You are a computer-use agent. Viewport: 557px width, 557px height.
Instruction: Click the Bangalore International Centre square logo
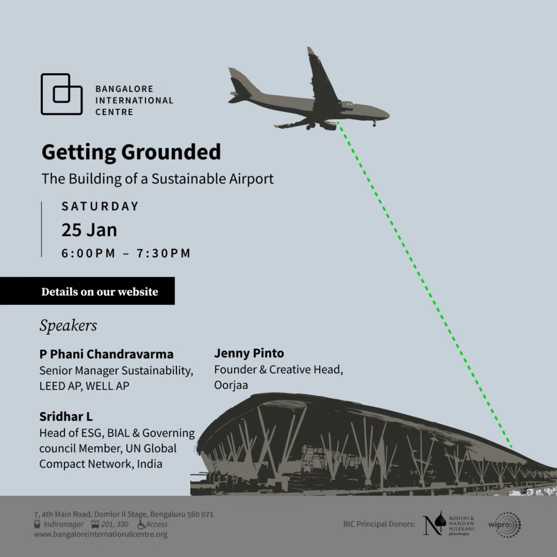coord(61,94)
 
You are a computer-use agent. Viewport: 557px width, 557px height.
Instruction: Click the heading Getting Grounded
coord(131,152)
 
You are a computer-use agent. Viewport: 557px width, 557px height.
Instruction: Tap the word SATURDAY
coord(100,206)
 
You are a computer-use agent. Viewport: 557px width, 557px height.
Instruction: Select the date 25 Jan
coord(89,230)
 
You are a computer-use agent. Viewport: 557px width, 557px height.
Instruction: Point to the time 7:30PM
coord(164,253)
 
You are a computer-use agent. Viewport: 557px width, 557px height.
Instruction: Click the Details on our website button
coord(87,291)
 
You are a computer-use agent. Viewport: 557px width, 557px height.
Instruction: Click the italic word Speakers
coord(68,325)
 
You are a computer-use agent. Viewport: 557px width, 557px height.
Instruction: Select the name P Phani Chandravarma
coord(106,354)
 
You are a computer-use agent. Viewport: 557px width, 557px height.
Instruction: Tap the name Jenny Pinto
coord(249,353)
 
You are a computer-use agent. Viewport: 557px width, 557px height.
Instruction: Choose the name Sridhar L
coord(65,416)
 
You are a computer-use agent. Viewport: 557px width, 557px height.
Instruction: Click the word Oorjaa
coord(231,385)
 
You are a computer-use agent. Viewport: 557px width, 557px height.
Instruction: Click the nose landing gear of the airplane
coord(374,123)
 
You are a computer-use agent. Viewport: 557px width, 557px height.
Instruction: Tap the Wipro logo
coord(505,525)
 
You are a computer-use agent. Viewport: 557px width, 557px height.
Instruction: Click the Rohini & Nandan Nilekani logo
coord(448,523)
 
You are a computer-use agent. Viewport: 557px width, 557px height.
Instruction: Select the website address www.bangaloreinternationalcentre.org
coord(101,534)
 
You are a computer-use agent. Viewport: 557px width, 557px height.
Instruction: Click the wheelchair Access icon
coord(141,525)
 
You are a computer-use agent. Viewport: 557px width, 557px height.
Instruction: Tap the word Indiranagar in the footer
coord(63,525)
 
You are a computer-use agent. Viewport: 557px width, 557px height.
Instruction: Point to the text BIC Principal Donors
coord(379,524)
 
